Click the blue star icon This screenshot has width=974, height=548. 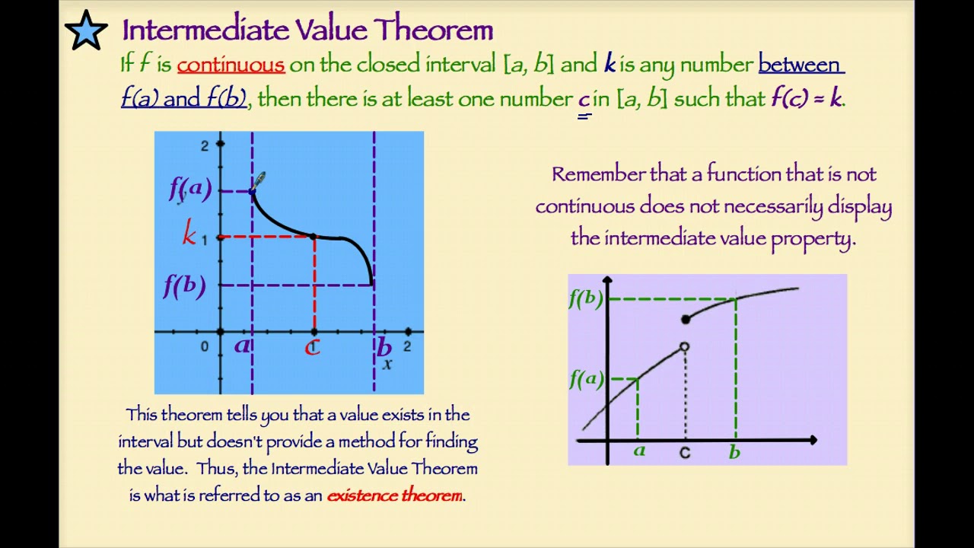(86, 30)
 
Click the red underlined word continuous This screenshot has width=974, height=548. (231, 65)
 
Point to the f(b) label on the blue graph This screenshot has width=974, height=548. (185, 286)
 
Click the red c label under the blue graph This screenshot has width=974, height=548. (312, 348)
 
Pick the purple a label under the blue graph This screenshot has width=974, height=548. (242, 346)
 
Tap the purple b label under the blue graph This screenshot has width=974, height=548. (384, 347)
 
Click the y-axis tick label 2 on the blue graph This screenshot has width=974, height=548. (204, 145)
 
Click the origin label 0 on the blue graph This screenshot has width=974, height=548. (204, 347)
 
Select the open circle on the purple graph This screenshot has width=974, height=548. (684, 347)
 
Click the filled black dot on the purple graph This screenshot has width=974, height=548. (686, 320)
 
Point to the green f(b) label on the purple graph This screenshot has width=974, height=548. (586, 299)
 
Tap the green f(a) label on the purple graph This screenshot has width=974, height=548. (586, 378)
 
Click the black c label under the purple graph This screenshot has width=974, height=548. (685, 453)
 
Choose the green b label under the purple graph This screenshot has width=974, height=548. (734, 452)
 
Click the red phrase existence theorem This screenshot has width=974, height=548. (394, 495)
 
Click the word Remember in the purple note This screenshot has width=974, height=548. (598, 174)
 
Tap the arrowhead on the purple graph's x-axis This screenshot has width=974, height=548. (813, 440)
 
